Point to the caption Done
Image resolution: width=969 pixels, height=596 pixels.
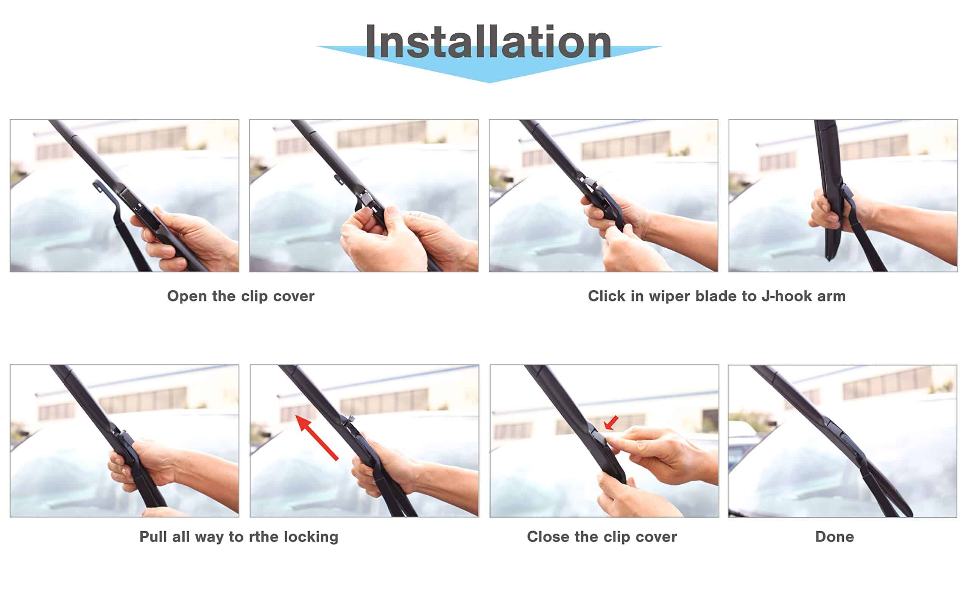point(835,537)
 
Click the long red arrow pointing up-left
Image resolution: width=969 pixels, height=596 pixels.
point(316,437)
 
